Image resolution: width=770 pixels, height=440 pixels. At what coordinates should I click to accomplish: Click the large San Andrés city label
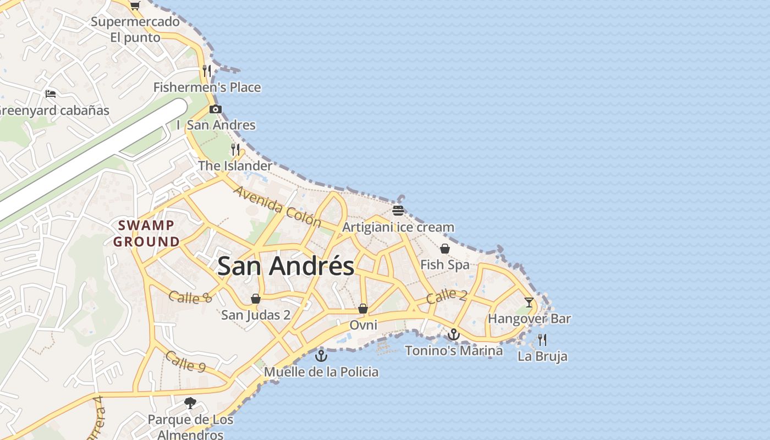pos(285,267)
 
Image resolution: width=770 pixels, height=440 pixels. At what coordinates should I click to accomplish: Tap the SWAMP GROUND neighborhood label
pos(146,233)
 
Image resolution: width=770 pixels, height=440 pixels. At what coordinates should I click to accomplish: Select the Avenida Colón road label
pos(277,207)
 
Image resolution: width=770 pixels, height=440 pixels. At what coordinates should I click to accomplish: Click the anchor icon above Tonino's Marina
pos(454,334)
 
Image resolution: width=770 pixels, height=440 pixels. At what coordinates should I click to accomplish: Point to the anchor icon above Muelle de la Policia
pos(321,356)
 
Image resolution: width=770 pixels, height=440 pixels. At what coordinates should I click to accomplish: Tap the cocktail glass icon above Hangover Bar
pos(529,302)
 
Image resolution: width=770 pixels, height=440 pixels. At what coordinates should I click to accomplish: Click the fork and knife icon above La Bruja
pos(542,339)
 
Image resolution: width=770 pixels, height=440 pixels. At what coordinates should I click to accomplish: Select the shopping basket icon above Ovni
pos(363,309)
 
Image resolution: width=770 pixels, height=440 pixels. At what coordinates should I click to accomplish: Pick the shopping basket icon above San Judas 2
pos(256,299)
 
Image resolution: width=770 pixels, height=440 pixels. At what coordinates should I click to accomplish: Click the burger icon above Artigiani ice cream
pos(398,211)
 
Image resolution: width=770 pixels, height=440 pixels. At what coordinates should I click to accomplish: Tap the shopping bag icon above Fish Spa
pos(445,249)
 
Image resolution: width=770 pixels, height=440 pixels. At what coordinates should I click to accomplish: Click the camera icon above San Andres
pos(216,109)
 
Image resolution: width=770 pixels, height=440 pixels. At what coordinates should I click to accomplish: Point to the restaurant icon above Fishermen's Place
pos(207,70)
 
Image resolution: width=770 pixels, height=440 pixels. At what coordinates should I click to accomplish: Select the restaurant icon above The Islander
pos(235,149)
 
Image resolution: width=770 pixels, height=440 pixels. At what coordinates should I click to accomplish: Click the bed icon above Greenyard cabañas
pos(51,94)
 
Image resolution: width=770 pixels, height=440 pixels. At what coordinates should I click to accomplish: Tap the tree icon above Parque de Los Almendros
pos(190,403)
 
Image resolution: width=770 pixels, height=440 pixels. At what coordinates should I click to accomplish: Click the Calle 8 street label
pos(190,297)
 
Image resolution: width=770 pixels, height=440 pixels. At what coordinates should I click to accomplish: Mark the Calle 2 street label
pos(447,296)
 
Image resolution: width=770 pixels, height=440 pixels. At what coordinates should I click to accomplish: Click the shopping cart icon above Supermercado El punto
pos(135,5)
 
